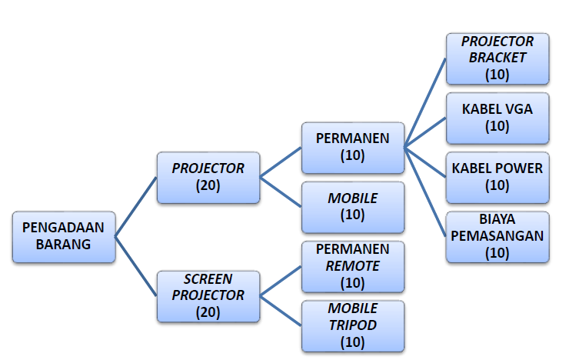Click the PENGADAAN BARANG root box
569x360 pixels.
[65, 236]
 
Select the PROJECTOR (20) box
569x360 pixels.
[208, 177]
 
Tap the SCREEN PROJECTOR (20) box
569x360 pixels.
[208, 295]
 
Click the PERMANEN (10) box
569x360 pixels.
[352, 147]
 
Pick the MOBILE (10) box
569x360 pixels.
[352, 207]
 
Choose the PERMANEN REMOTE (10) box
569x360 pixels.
[352, 266]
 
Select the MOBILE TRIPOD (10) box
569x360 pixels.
[352, 325]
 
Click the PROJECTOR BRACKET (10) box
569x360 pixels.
[497, 58]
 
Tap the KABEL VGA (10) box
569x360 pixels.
[497, 117]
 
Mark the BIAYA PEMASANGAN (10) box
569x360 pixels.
[497, 236]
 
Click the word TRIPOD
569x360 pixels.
[352, 325]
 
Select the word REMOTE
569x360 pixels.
[352, 265]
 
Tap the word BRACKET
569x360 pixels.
[497, 58]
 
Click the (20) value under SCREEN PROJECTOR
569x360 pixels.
[208, 312]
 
